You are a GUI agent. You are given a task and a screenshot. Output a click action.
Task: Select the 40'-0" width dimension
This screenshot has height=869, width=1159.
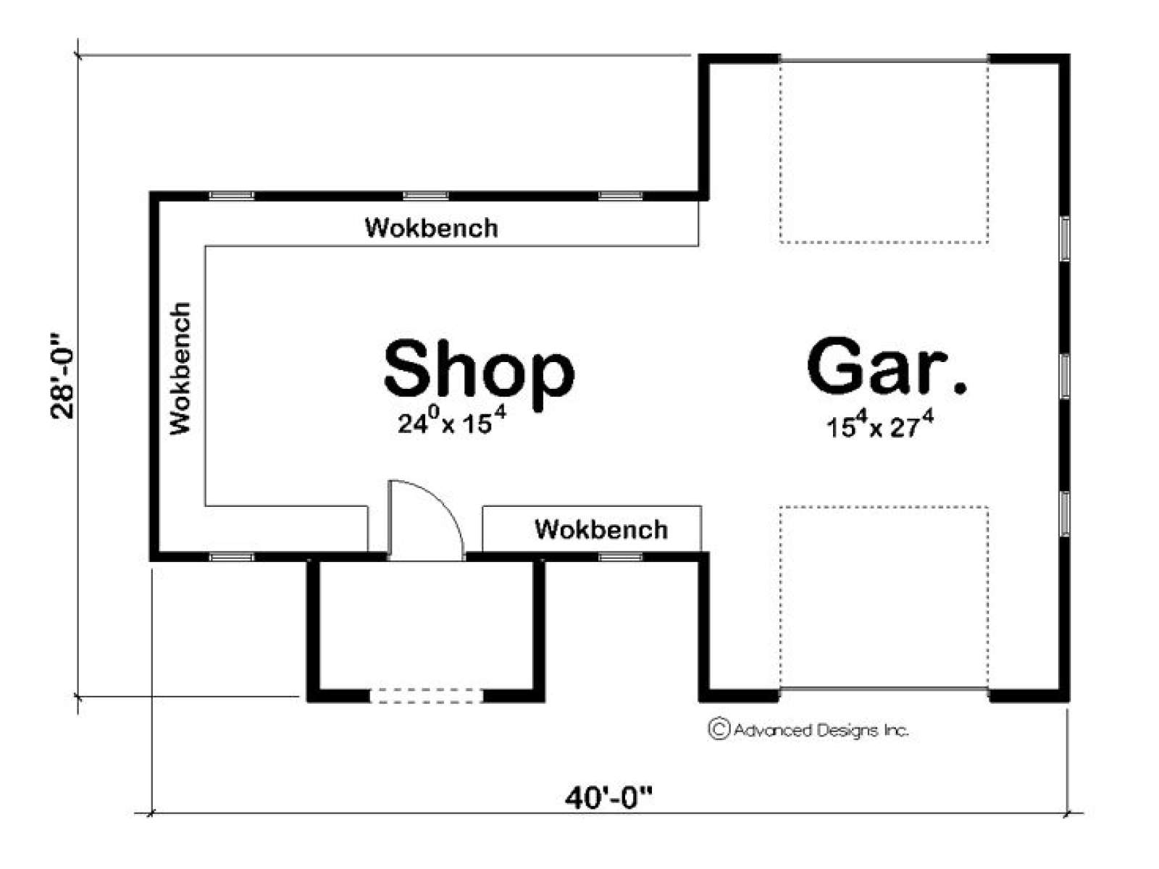coord(608,799)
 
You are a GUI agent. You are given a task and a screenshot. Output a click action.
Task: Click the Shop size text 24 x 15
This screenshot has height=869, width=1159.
coord(452,421)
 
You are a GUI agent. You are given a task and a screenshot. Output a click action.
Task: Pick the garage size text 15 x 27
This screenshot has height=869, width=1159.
coord(879,425)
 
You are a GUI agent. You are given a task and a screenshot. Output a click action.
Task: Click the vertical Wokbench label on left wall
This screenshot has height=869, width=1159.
coord(180,369)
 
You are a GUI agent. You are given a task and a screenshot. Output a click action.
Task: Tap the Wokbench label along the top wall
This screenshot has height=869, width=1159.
coord(432,228)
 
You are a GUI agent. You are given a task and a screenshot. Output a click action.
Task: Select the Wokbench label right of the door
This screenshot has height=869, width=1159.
coord(601,529)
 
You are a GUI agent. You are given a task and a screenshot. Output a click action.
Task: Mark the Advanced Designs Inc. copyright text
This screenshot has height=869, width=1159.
coord(808,730)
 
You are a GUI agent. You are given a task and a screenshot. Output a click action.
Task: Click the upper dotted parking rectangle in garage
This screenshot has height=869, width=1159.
coord(884,243)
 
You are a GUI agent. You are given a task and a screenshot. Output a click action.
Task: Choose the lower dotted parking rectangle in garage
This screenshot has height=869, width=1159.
coord(884,507)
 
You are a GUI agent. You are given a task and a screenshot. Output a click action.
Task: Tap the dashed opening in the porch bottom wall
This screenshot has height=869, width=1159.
coord(426,695)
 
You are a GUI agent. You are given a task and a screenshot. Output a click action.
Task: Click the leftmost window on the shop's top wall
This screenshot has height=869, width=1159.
coord(231,196)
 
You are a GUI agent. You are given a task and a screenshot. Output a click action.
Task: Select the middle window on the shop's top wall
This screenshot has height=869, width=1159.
coord(426,196)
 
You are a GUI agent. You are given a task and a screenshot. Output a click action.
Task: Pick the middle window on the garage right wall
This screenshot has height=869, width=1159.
coord(1065,376)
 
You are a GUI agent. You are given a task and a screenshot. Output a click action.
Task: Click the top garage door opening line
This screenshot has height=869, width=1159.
coord(884,62)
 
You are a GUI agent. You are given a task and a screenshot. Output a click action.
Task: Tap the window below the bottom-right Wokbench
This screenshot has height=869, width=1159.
coord(620,557)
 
